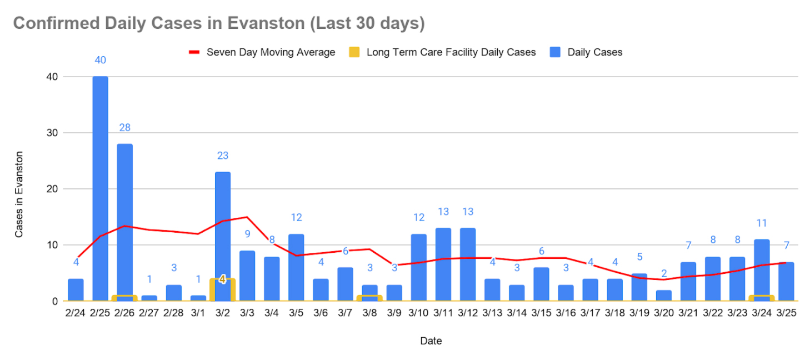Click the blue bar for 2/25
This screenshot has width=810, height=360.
[x=100, y=189]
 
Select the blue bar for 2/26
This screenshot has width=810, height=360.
[x=124, y=217]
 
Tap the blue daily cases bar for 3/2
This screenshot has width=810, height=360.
[x=222, y=222]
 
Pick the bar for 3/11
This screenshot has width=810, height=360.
[x=443, y=264]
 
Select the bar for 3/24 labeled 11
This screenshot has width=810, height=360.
[x=762, y=267]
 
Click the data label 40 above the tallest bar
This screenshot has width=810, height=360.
[x=100, y=60]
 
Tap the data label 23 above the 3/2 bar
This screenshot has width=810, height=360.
[x=223, y=156]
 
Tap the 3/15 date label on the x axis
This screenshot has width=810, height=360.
[x=541, y=313]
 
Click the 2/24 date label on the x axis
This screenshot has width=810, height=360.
[x=76, y=313]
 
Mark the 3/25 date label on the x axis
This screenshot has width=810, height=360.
[x=786, y=313]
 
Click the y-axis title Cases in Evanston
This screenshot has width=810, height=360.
[x=19, y=194]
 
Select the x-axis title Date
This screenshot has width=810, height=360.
[x=431, y=341]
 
